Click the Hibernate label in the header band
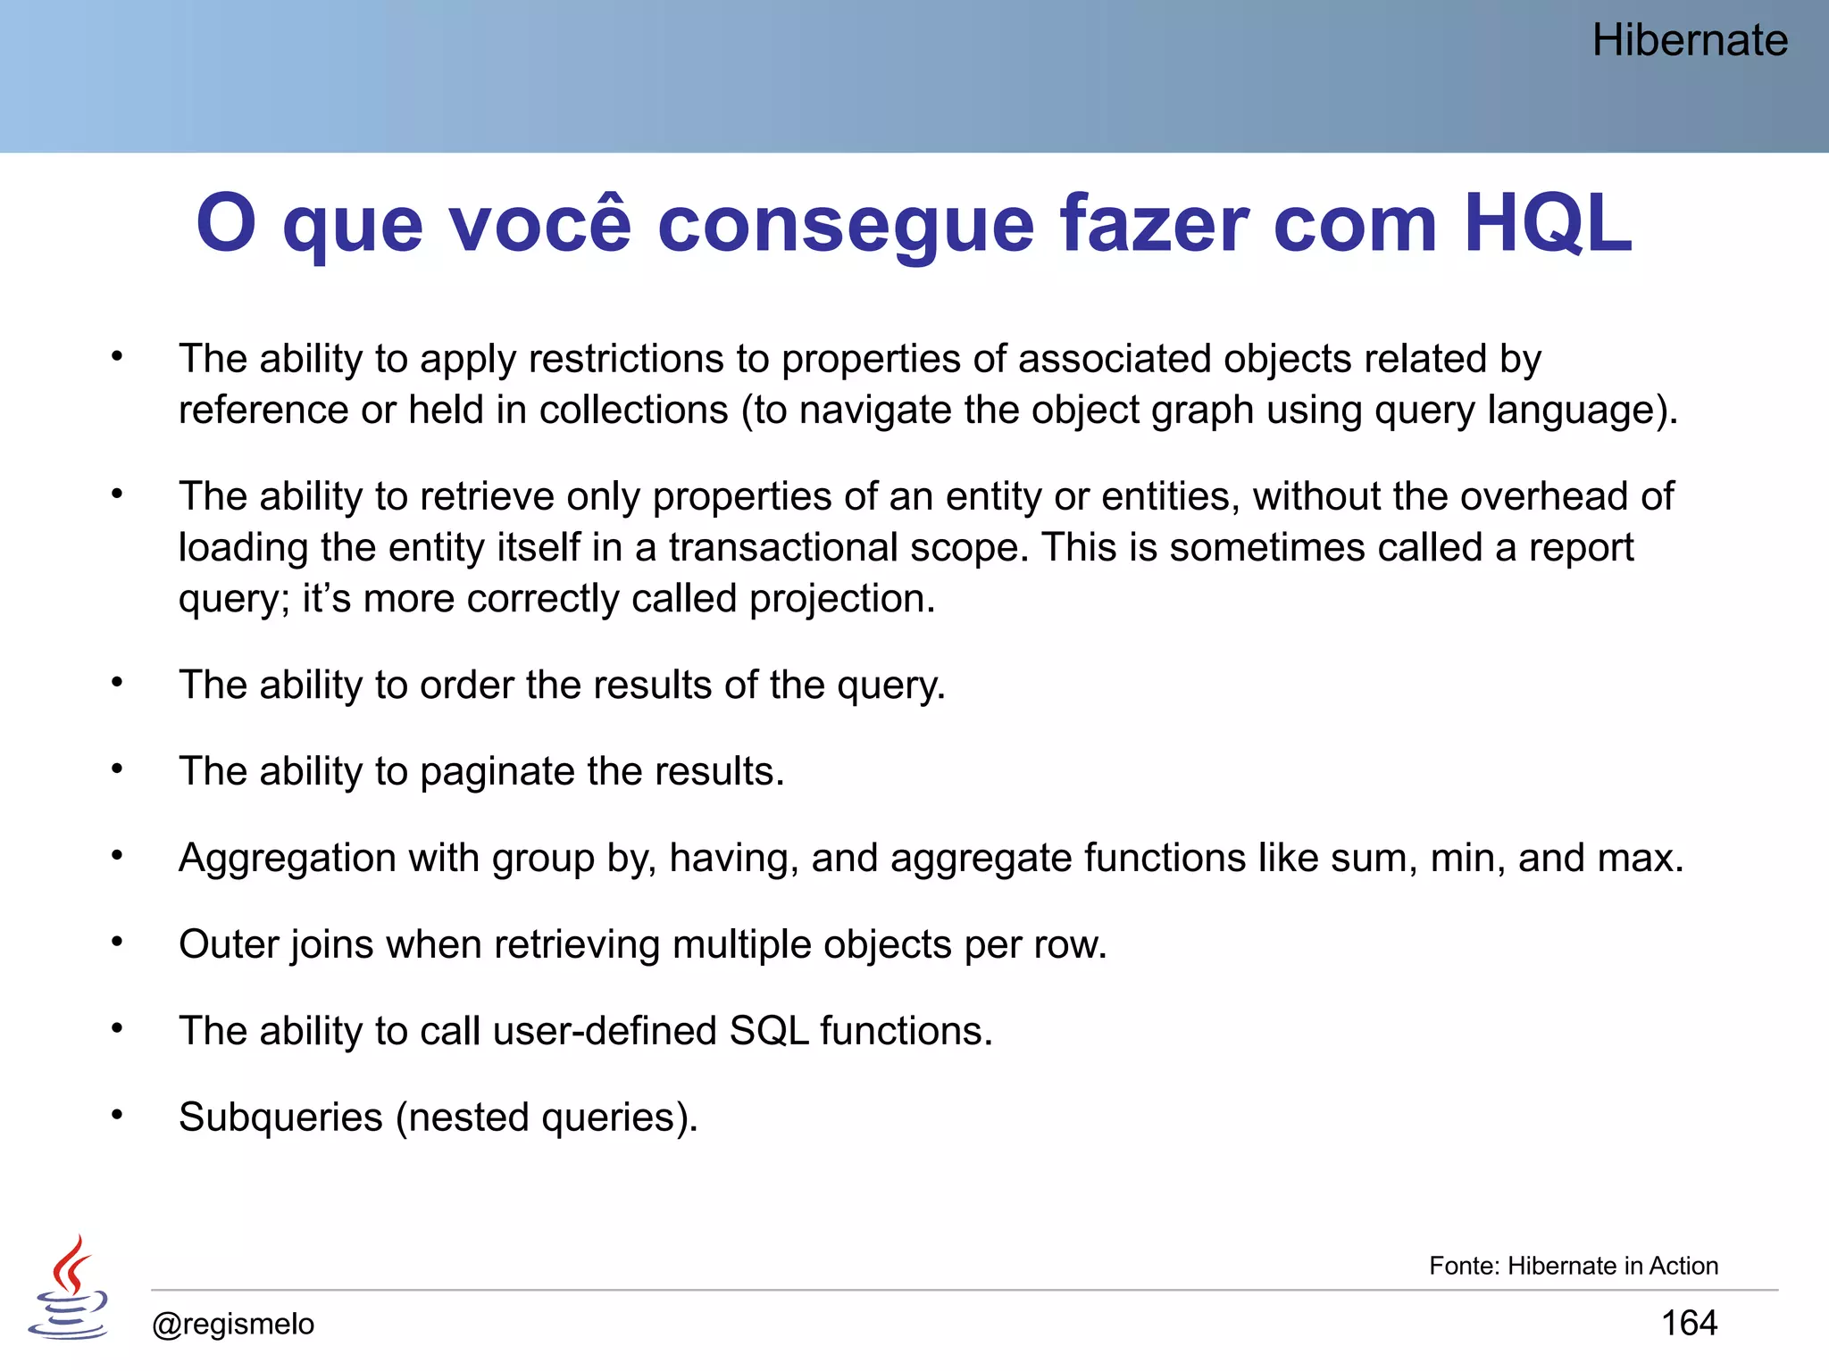1690,41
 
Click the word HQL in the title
1548,223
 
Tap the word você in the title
540,223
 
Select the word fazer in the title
1156,223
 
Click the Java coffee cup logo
69,1288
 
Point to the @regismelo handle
233,1324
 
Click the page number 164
1689,1322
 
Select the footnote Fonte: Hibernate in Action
1573,1266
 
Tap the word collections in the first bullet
633,410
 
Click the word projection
841,598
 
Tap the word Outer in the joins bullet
230,944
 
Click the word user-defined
605,1031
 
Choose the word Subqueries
280,1118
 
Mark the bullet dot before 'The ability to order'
117,682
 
